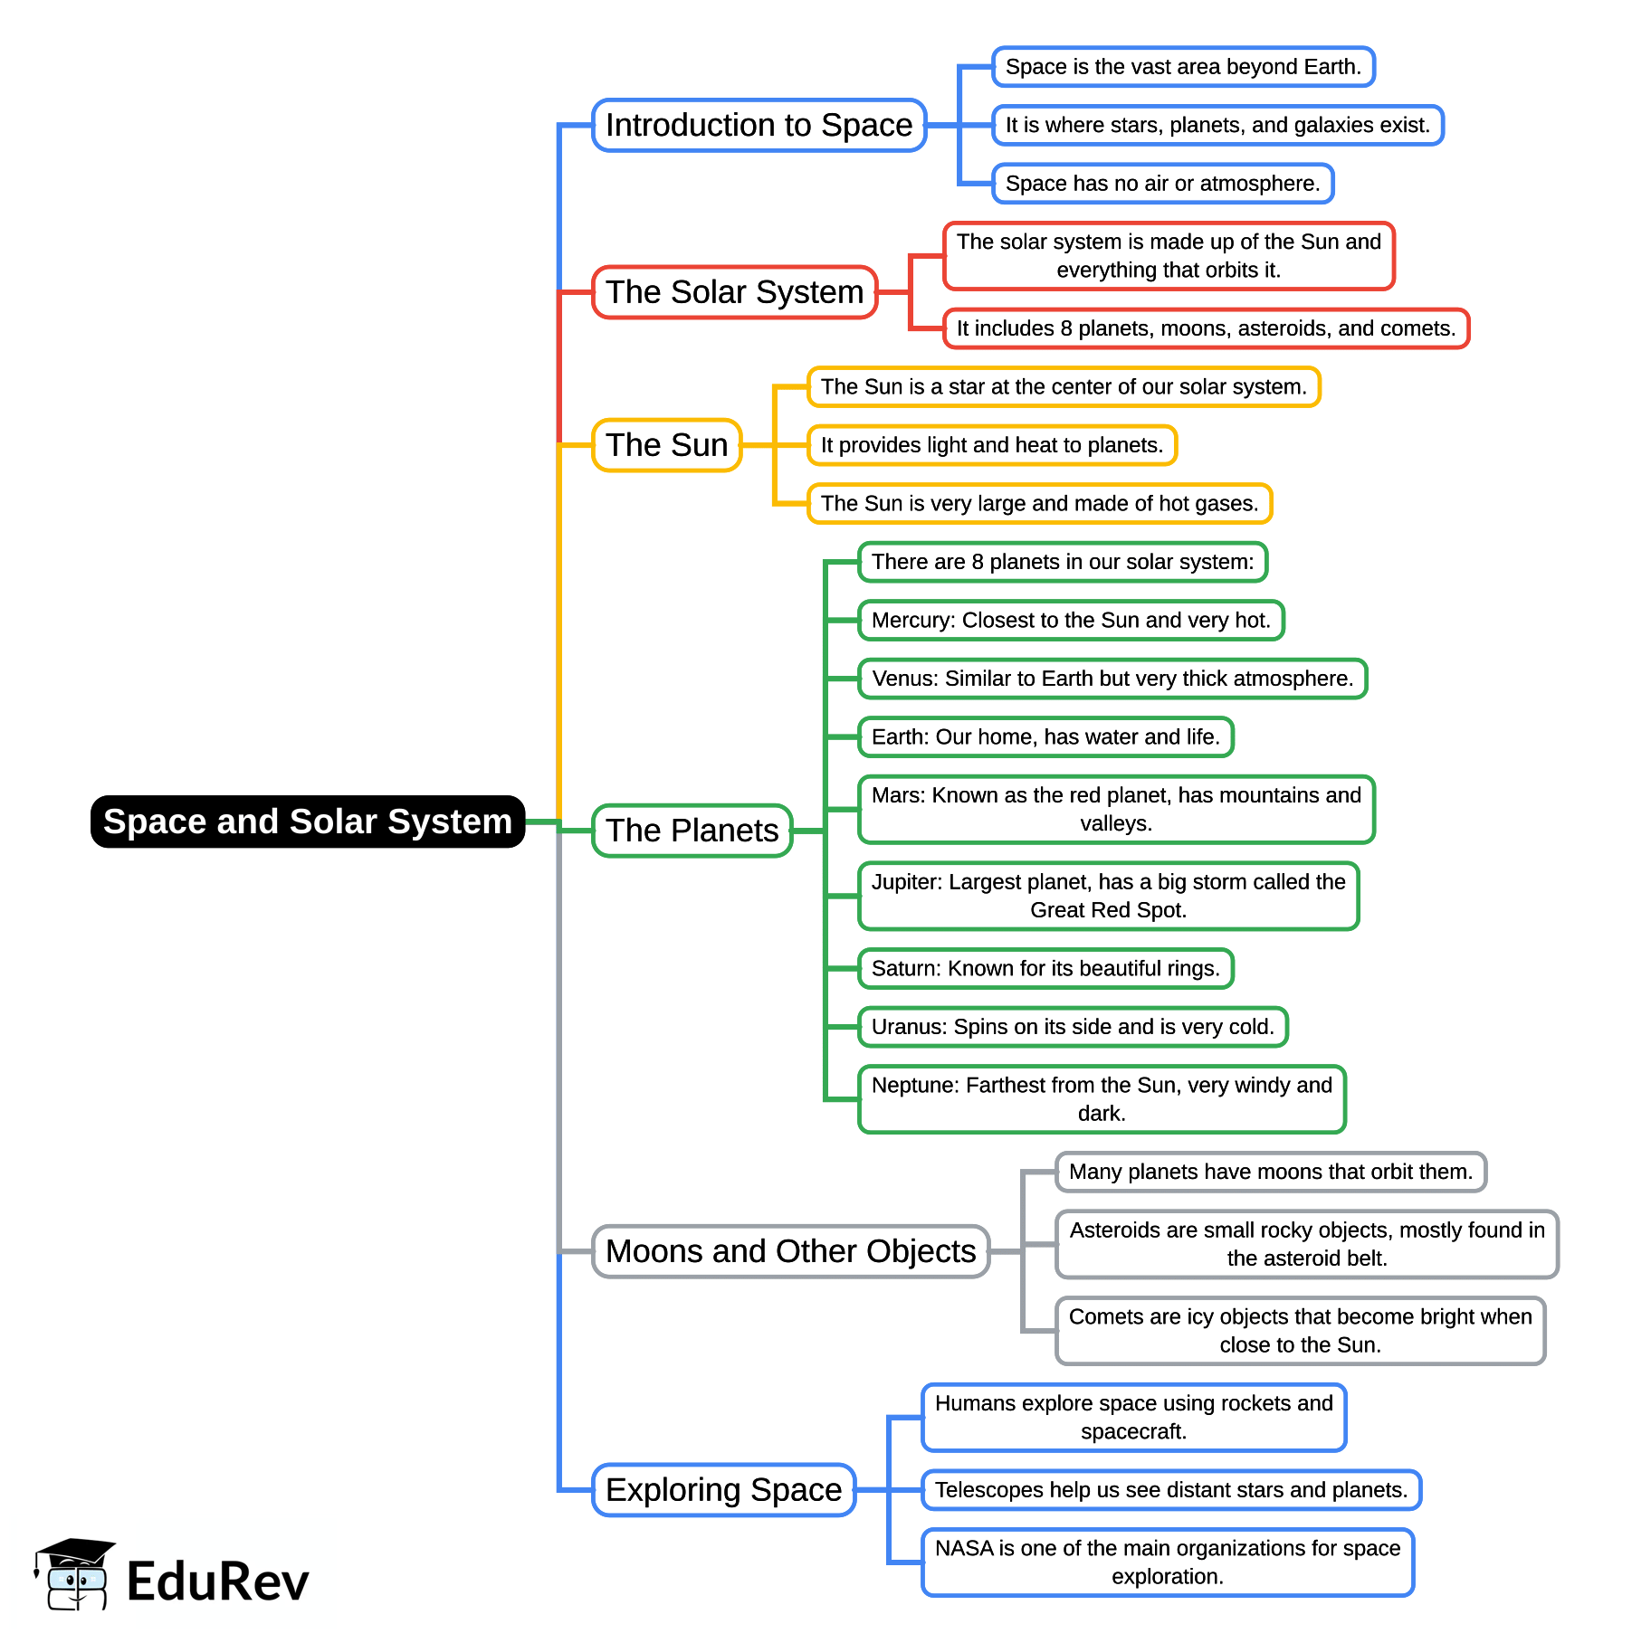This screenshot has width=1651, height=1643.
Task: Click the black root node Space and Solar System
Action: tap(308, 821)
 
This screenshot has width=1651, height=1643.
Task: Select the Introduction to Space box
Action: tap(759, 125)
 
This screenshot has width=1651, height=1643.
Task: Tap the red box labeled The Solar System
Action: tap(734, 292)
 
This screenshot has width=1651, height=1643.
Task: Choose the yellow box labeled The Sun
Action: tap(666, 445)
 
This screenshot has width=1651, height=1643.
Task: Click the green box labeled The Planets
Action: tap(692, 831)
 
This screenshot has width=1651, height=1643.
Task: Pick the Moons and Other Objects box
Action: tap(790, 1251)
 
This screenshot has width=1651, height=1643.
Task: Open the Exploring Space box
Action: tap(723, 1490)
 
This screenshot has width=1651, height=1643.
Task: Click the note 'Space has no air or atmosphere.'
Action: tap(1162, 184)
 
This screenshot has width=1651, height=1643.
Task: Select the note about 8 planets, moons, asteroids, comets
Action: tap(1206, 328)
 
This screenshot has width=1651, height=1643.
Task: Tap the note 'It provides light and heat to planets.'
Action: tap(991, 445)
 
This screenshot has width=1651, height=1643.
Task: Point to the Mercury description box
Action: tap(1071, 621)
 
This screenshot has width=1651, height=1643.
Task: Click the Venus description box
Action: tap(1112, 679)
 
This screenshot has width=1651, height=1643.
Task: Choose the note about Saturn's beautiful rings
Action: tap(1045, 969)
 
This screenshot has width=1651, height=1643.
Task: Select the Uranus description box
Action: tap(1073, 1027)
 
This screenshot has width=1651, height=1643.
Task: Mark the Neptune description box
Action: tap(1102, 1099)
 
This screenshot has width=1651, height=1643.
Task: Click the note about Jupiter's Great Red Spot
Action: tap(1108, 896)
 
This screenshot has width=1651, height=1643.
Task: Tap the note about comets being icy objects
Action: tap(1300, 1331)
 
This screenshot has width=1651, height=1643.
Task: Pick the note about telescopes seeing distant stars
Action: tap(1170, 1490)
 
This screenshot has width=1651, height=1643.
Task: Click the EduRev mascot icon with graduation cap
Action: tap(74, 1575)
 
